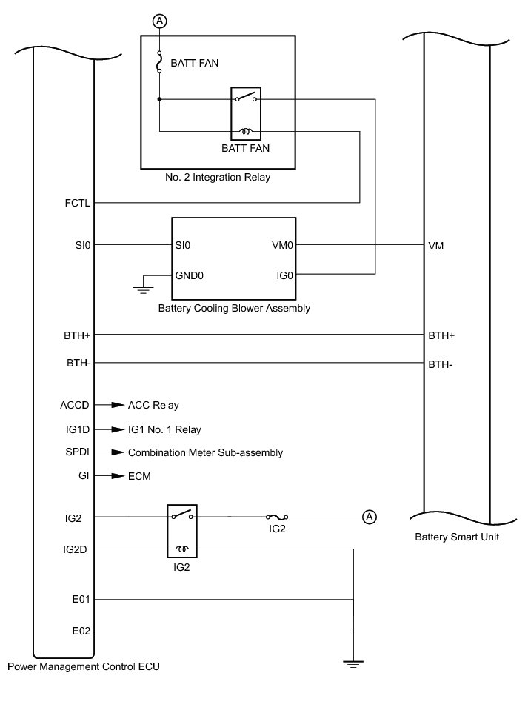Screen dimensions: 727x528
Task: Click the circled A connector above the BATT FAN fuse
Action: pyautogui.click(x=159, y=21)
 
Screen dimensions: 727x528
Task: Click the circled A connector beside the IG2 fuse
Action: pyautogui.click(x=369, y=517)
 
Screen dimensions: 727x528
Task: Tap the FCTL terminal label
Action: pyautogui.click(x=77, y=203)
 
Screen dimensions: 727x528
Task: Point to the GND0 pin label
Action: pyautogui.click(x=189, y=275)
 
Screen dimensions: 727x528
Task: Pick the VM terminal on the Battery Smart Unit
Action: pyautogui.click(x=436, y=245)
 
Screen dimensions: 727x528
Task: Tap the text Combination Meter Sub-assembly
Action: pyautogui.click(x=205, y=452)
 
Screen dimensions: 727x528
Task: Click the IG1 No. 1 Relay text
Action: pyautogui.click(x=164, y=429)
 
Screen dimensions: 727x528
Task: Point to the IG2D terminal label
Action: pyautogui.click(x=76, y=549)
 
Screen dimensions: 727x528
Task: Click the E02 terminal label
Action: pyautogui.click(x=79, y=631)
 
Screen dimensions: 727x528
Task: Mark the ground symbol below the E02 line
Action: pyautogui.click(x=354, y=665)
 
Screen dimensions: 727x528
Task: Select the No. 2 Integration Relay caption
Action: pyautogui.click(x=218, y=178)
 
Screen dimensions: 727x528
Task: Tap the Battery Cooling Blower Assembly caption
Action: pyautogui.click(x=234, y=308)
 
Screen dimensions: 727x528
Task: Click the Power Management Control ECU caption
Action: pyautogui.click(x=83, y=666)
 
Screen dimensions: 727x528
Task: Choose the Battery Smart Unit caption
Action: pyautogui.click(x=457, y=537)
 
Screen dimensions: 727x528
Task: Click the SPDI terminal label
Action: pyautogui.click(x=77, y=452)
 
